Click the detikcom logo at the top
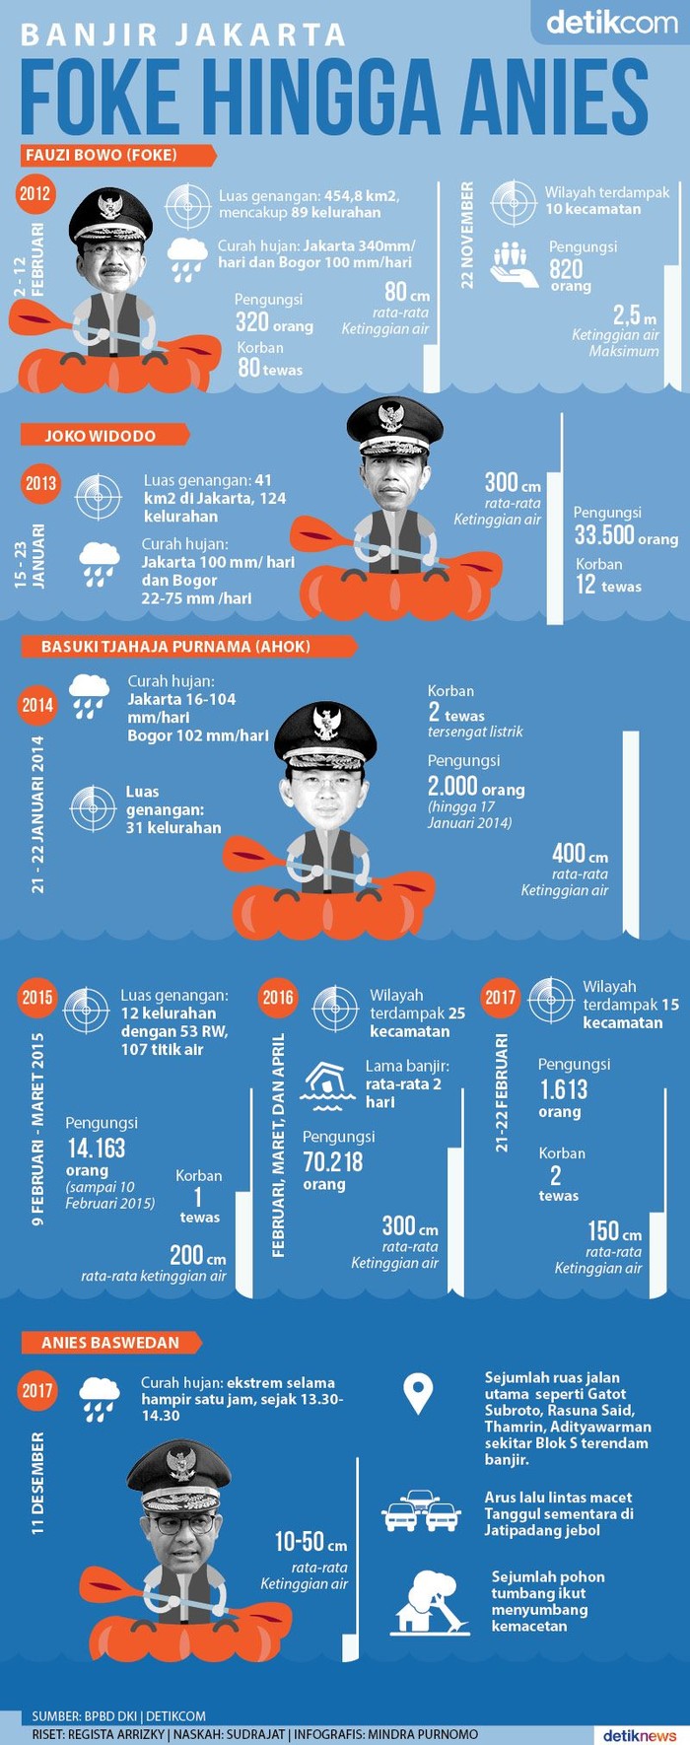pyautogui.click(x=611, y=22)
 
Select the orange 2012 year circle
pyautogui.click(x=34, y=193)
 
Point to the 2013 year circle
pyautogui.click(x=40, y=483)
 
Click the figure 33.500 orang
pyautogui.click(x=625, y=535)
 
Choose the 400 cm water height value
pyautogui.click(x=580, y=854)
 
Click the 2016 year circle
pyautogui.click(x=278, y=997)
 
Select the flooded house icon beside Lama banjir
pyautogui.click(x=328, y=1082)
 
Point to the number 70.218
pyautogui.click(x=333, y=1162)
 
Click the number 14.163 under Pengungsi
pyautogui.click(x=97, y=1148)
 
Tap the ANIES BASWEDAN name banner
pyautogui.click(x=110, y=1342)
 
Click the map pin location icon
pyautogui.click(x=419, y=1393)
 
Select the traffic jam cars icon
pyautogui.click(x=421, y=1511)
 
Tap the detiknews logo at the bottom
pyautogui.click(x=640, y=1734)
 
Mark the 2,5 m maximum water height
pyautogui.click(x=634, y=316)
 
